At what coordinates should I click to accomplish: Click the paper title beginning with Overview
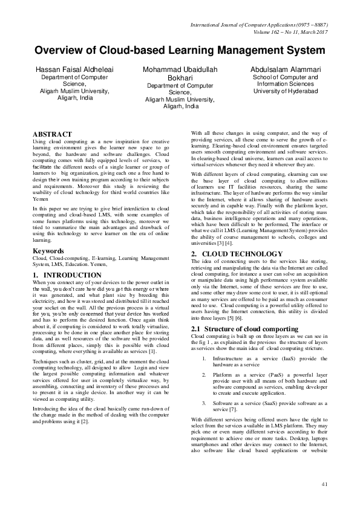click(x=180, y=50)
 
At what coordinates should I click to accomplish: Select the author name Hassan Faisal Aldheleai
click(x=74, y=70)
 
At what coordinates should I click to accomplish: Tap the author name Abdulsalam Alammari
click(x=285, y=70)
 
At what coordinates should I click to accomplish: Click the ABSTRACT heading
click(x=52, y=134)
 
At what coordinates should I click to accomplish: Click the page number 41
click(x=324, y=484)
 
